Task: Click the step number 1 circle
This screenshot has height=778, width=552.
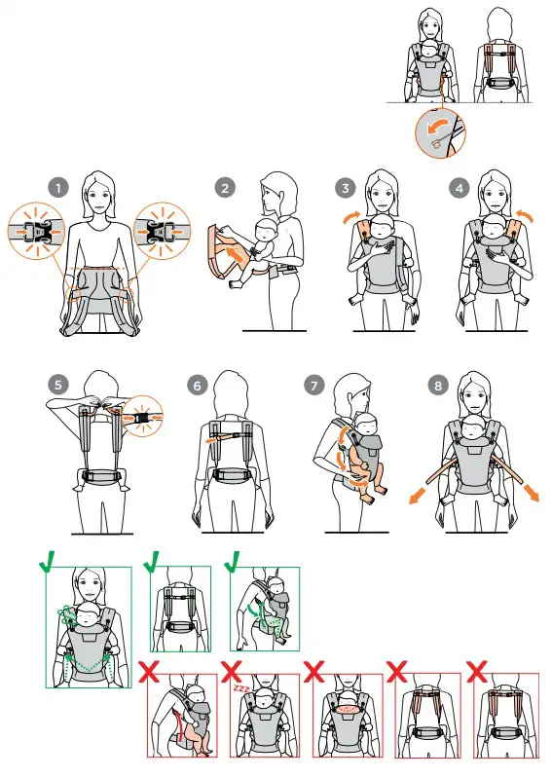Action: tap(58, 189)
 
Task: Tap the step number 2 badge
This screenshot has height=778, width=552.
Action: tap(225, 189)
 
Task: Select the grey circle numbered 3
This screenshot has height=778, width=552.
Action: tap(346, 189)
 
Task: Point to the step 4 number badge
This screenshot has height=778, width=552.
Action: tap(460, 189)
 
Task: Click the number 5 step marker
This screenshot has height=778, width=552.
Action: tap(58, 385)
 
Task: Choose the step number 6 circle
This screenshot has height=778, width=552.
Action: tap(198, 386)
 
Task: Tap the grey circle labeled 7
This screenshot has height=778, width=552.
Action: tap(313, 386)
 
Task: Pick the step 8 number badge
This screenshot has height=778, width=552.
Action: tap(438, 386)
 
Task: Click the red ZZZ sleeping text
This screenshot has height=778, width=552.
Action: tap(241, 688)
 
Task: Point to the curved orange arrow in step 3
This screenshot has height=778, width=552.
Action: tap(352, 217)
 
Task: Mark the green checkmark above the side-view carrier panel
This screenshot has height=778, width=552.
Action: tap(233, 562)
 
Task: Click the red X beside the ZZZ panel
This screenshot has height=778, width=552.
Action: tap(231, 671)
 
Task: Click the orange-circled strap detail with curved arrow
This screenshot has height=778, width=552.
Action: tap(440, 133)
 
